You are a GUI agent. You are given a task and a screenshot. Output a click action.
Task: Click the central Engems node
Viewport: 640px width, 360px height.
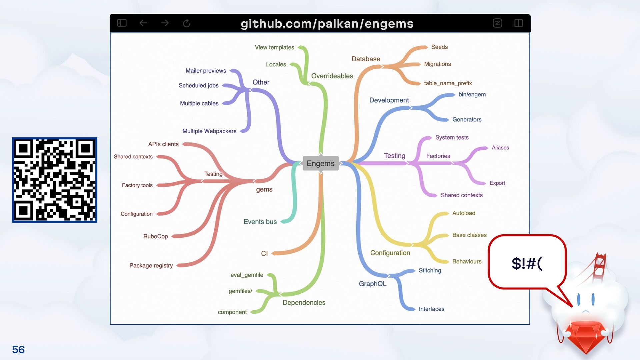[x=320, y=163]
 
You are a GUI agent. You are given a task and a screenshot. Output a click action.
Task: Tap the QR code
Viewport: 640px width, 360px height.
[x=55, y=180]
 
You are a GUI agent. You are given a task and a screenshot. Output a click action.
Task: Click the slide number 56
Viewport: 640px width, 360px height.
[x=18, y=349]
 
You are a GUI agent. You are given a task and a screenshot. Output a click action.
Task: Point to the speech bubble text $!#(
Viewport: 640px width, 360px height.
[x=527, y=263]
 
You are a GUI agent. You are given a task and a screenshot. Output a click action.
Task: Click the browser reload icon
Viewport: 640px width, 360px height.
[x=186, y=23]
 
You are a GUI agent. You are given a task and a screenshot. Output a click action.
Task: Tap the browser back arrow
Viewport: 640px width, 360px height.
[x=143, y=23]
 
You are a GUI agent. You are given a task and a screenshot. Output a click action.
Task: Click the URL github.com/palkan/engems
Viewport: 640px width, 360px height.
[x=327, y=23]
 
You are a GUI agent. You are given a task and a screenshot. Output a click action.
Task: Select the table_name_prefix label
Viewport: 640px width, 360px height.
[x=448, y=83]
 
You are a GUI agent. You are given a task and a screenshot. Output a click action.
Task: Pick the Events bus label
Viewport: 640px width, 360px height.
[x=260, y=222]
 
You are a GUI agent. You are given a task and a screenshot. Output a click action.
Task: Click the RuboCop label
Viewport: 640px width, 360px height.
[x=155, y=236]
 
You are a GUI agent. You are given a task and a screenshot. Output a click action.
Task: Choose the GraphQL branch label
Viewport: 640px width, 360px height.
[x=372, y=284]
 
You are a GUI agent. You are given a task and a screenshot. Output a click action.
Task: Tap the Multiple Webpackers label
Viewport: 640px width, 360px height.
[x=209, y=131]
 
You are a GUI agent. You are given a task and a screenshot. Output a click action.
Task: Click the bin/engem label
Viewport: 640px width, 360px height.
[x=472, y=94]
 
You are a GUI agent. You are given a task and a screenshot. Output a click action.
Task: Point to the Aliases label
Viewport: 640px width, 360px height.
[x=500, y=148]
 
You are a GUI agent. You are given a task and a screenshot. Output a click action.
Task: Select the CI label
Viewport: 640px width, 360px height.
[x=264, y=253]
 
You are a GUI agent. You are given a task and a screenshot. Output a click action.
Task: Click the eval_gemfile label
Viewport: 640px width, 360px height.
[x=247, y=275]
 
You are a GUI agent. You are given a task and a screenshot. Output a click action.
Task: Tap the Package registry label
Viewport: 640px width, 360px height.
[x=151, y=265]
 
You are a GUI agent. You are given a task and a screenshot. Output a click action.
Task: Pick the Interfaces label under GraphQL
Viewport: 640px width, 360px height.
[x=431, y=309]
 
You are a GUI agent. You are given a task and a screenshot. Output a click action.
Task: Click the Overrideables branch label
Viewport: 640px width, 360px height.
[x=332, y=76]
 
